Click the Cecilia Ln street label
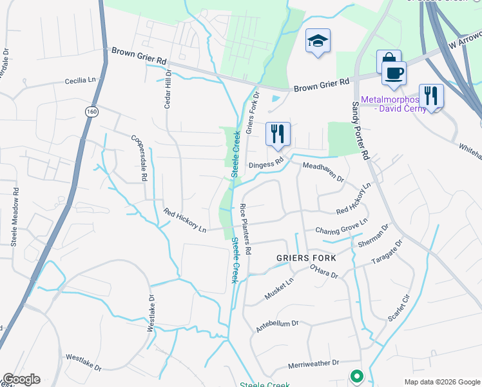[x=84, y=81]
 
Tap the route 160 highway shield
[x=92, y=112]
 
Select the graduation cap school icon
[x=318, y=41]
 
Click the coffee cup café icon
[x=393, y=72]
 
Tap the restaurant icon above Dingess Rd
[x=278, y=134]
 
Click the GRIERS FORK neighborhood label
[x=306, y=257]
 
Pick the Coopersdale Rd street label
[x=140, y=159]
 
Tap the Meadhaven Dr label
[x=323, y=172]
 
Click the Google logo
[x=21, y=379]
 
